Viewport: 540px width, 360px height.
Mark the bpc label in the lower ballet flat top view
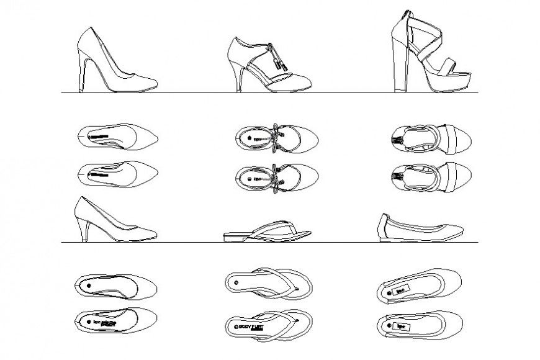point(401,325)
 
